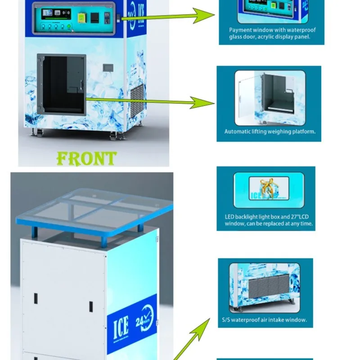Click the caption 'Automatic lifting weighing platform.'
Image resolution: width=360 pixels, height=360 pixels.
tap(270, 132)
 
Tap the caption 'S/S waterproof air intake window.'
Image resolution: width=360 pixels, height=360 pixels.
tap(264, 320)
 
